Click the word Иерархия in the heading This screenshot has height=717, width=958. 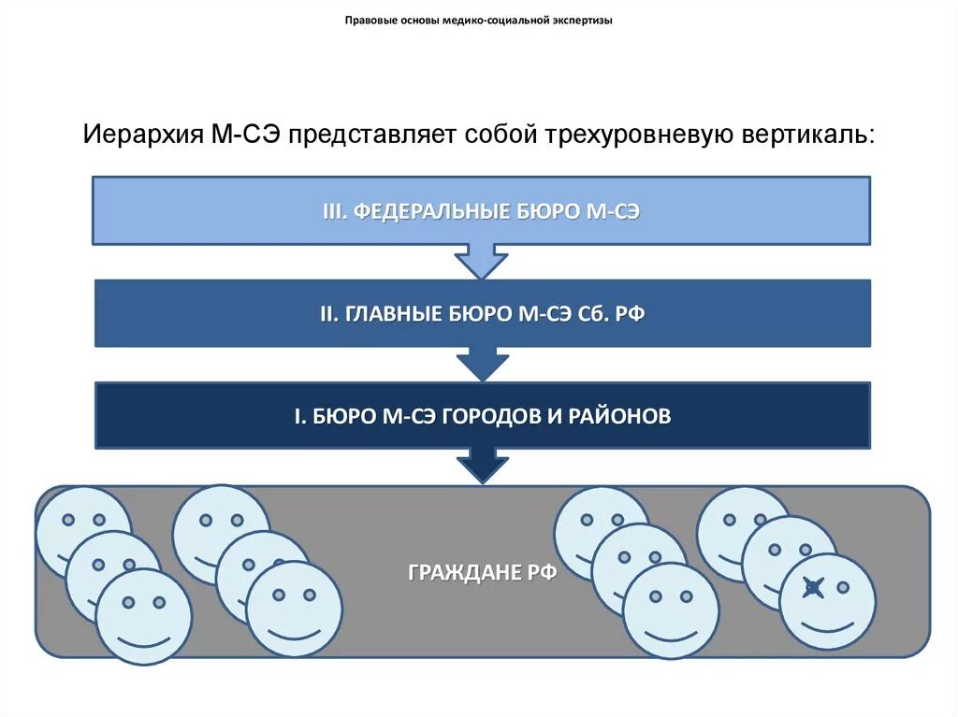coord(143,134)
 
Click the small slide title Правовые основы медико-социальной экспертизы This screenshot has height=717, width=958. coord(479,20)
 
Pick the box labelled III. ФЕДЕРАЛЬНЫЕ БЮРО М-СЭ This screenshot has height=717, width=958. coord(481,211)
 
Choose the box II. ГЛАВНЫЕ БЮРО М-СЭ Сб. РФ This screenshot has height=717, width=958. coord(482,314)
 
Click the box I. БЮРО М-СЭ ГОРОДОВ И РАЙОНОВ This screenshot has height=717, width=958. coord(482,416)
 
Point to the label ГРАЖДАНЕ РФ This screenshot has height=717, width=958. coord(482,572)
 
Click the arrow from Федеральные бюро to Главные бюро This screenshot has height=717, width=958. coord(481,262)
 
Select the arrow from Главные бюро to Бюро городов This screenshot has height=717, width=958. coord(482,365)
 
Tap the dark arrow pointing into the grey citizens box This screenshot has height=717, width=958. coord(482,466)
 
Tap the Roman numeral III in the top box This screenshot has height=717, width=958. coord(334,211)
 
